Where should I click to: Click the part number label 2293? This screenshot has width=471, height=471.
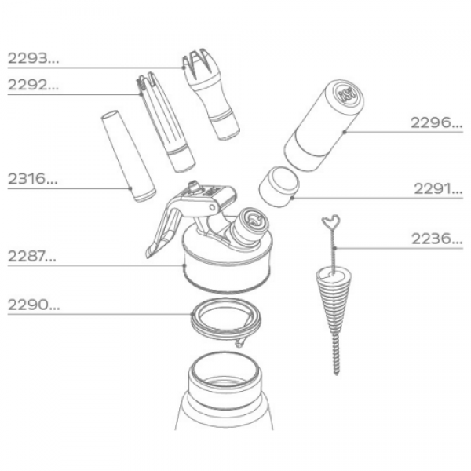point(33,58)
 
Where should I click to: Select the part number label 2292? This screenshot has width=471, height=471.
point(33,85)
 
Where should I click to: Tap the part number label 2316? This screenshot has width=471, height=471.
point(32,179)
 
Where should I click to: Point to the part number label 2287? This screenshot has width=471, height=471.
point(32,256)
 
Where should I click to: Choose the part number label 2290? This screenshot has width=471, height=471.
point(34,305)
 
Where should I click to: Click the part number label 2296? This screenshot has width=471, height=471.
point(436,122)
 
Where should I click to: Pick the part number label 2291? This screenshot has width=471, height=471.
point(438,189)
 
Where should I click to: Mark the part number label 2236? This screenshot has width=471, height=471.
point(436,239)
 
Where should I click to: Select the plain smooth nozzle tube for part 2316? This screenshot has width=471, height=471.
point(128,156)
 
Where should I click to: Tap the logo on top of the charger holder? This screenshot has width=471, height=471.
point(347,94)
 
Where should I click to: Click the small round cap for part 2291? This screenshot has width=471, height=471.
point(279,187)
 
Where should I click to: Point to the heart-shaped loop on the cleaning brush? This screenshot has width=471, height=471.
point(330,221)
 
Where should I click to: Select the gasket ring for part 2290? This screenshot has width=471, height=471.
point(226,320)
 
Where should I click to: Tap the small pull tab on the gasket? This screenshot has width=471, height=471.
point(240,342)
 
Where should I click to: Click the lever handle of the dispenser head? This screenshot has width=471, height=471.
point(164,228)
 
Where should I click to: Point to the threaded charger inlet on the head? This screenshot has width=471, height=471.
point(251,225)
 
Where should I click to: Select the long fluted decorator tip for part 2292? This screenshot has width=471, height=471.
point(165,122)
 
